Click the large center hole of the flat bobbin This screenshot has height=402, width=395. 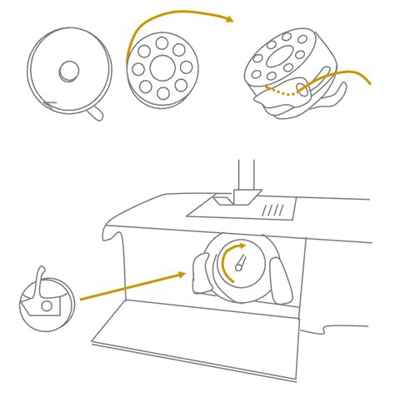[162, 67]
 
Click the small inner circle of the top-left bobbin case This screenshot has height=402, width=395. [69, 71]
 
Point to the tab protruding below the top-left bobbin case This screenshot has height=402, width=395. [96, 112]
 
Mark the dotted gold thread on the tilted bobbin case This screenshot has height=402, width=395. [280, 92]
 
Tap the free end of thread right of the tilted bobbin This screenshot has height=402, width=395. [367, 82]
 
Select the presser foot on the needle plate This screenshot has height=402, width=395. [241, 198]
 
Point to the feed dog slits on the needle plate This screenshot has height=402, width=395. [272, 210]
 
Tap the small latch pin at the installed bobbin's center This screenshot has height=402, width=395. [240, 264]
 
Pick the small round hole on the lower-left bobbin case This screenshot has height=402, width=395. [47, 306]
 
